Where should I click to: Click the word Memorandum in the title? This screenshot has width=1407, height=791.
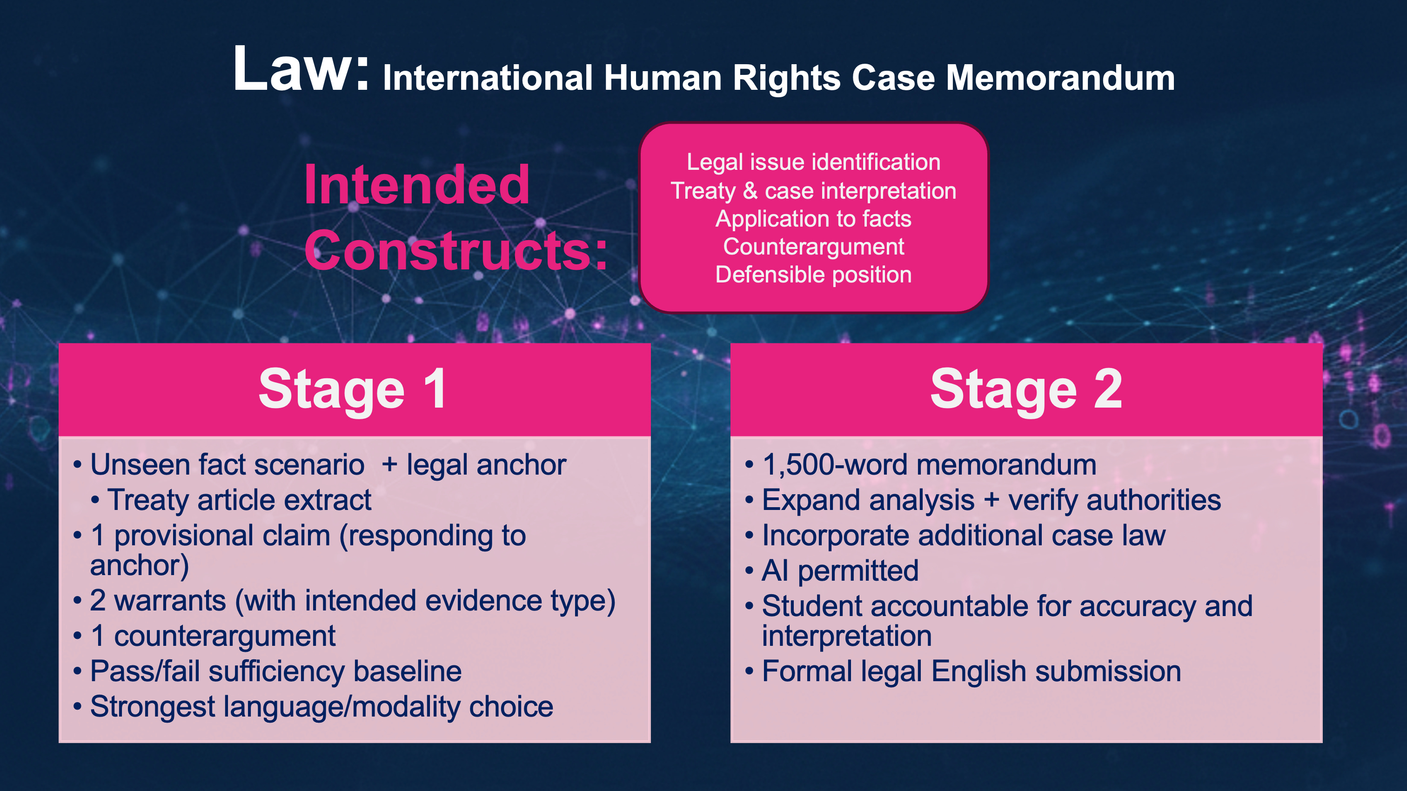pyautogui.click(x=1059, y=78)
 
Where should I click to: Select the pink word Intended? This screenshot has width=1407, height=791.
pyautogui.click(x=417, y=185)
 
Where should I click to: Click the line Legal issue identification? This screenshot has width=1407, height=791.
pyautogui.click(x=813, y=162)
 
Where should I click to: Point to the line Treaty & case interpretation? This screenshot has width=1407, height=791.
pyautogui.click(x=813, y=191)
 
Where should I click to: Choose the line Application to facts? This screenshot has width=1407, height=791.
pyautogui.click(x=813, y=219)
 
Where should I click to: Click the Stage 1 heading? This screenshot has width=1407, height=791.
pyautogui.click(x=354, y=389)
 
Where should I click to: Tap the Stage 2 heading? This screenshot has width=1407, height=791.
pyautogui.click(x=1026, y=389)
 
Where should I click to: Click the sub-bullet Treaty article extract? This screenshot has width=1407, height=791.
pyautogui.click(x=239, y=500)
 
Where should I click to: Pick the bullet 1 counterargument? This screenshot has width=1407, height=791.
pyautogui.click(x=213, y=636)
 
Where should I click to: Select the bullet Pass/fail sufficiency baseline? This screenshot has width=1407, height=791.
pyautogui.click(x=276, y=671)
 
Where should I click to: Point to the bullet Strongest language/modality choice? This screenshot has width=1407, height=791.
pyautogui.click(x=321, y=707)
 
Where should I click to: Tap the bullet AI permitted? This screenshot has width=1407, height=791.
pyautogui.click(x=840, y=571)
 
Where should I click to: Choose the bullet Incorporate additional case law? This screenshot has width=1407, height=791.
pyautogui.click(x=964, y=536)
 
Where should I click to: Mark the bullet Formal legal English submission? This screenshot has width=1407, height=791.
pyautogui.click(x=971, y=671)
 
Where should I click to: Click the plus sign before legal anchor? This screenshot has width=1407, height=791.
pyautogui.click(x=389, y=465)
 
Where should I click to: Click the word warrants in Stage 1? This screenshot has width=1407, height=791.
pyautogui.click(x=170, y=601)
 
